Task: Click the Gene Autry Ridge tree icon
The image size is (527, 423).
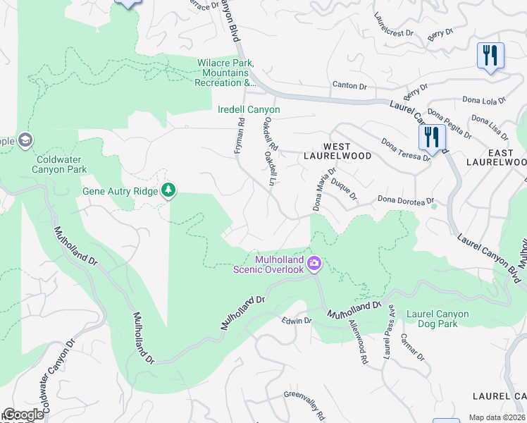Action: point(168,190)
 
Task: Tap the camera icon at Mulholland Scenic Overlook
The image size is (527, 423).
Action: point(314,264)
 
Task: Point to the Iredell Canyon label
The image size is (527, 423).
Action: point(248,110)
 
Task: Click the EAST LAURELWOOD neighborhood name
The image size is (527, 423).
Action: point(497,157)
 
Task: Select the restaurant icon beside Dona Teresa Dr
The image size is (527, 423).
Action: point(432,136)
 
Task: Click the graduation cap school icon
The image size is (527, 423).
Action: point(26,140)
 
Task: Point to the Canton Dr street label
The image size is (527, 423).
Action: point(354,86)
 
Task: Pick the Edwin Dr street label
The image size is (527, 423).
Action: point(297,321)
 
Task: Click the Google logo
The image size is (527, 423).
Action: point(24,415)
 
